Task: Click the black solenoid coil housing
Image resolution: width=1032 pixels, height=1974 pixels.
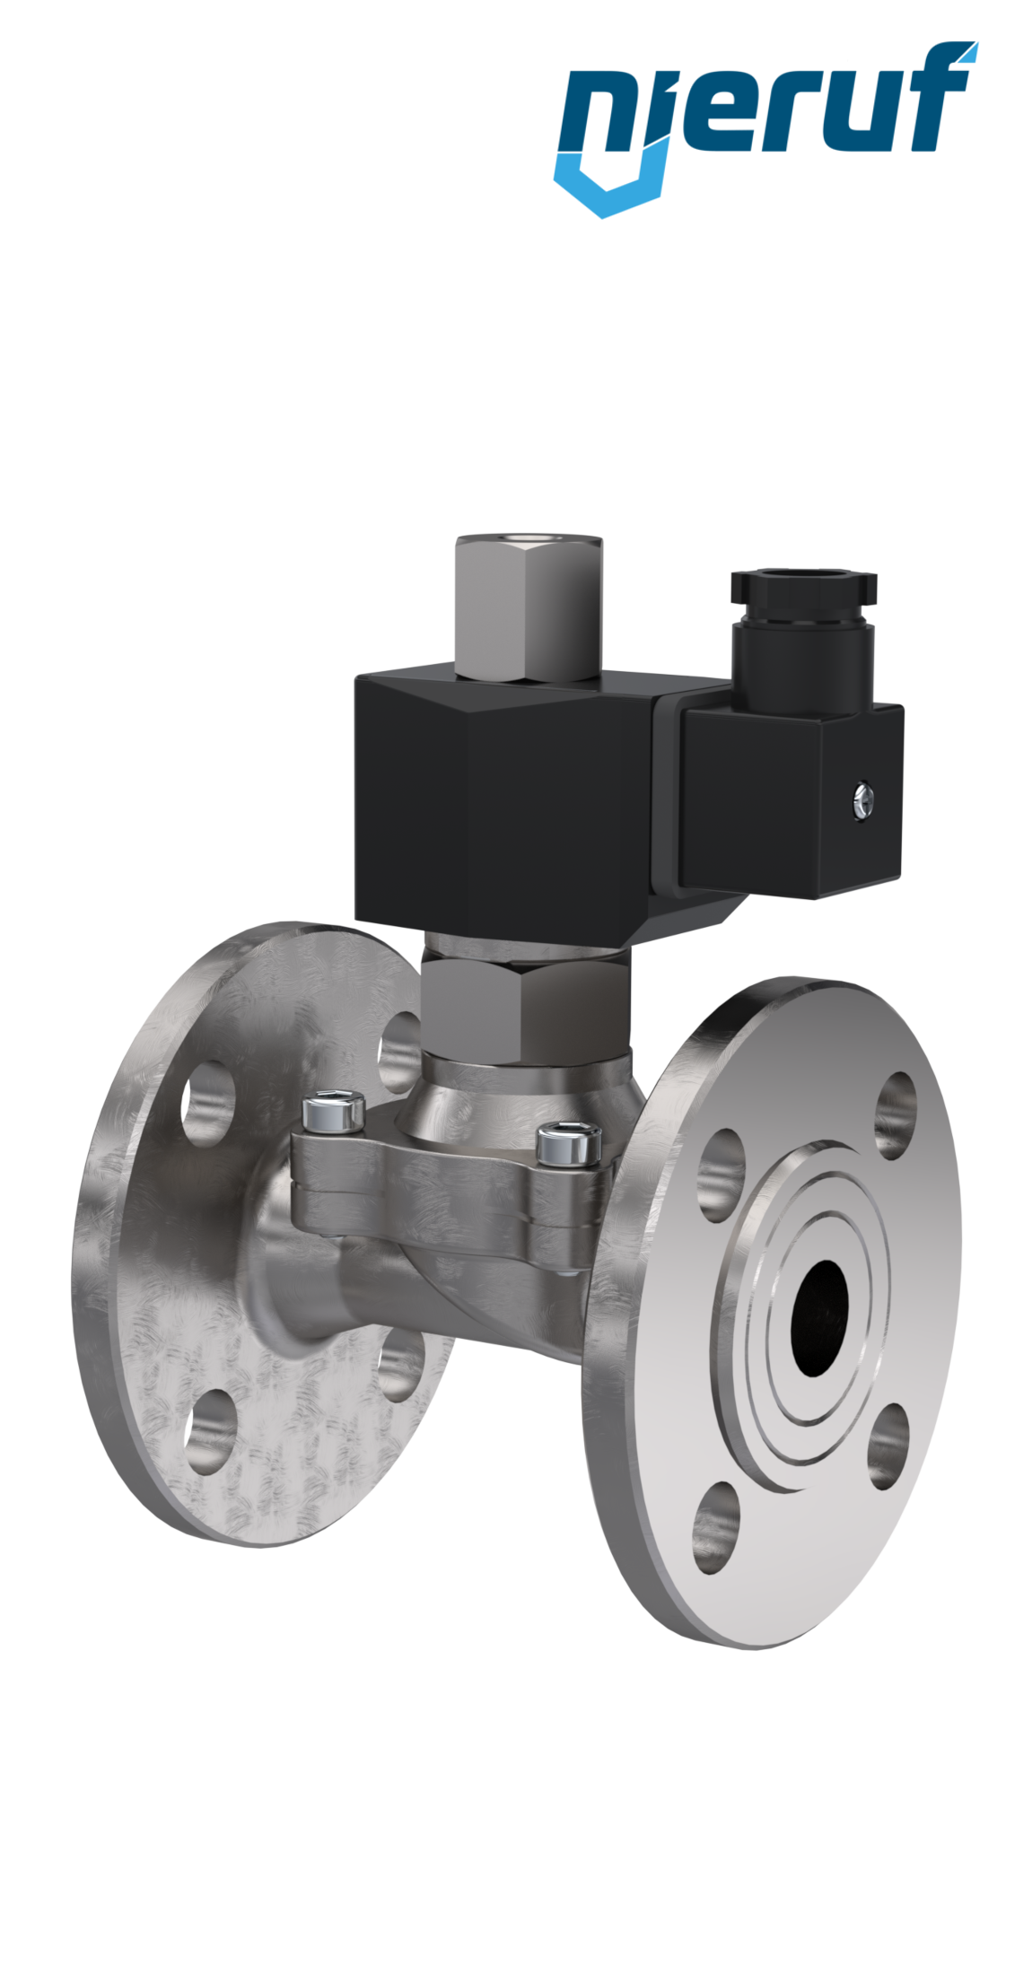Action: (x=503, y=808)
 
